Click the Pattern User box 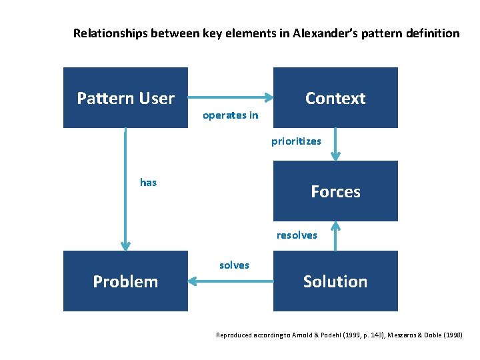point(125,98)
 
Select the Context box point(335,98)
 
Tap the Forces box point(335,191)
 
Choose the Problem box point(125,281)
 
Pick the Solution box point(335,281)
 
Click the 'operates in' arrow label point(230,115)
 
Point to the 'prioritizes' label point(296,141)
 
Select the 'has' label point(148,183)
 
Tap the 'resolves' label point(297,235)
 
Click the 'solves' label point(234,265)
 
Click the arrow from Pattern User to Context point(231,98)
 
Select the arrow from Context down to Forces point(335,144)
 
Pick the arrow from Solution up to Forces point(335,236)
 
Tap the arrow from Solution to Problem point(231,281)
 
